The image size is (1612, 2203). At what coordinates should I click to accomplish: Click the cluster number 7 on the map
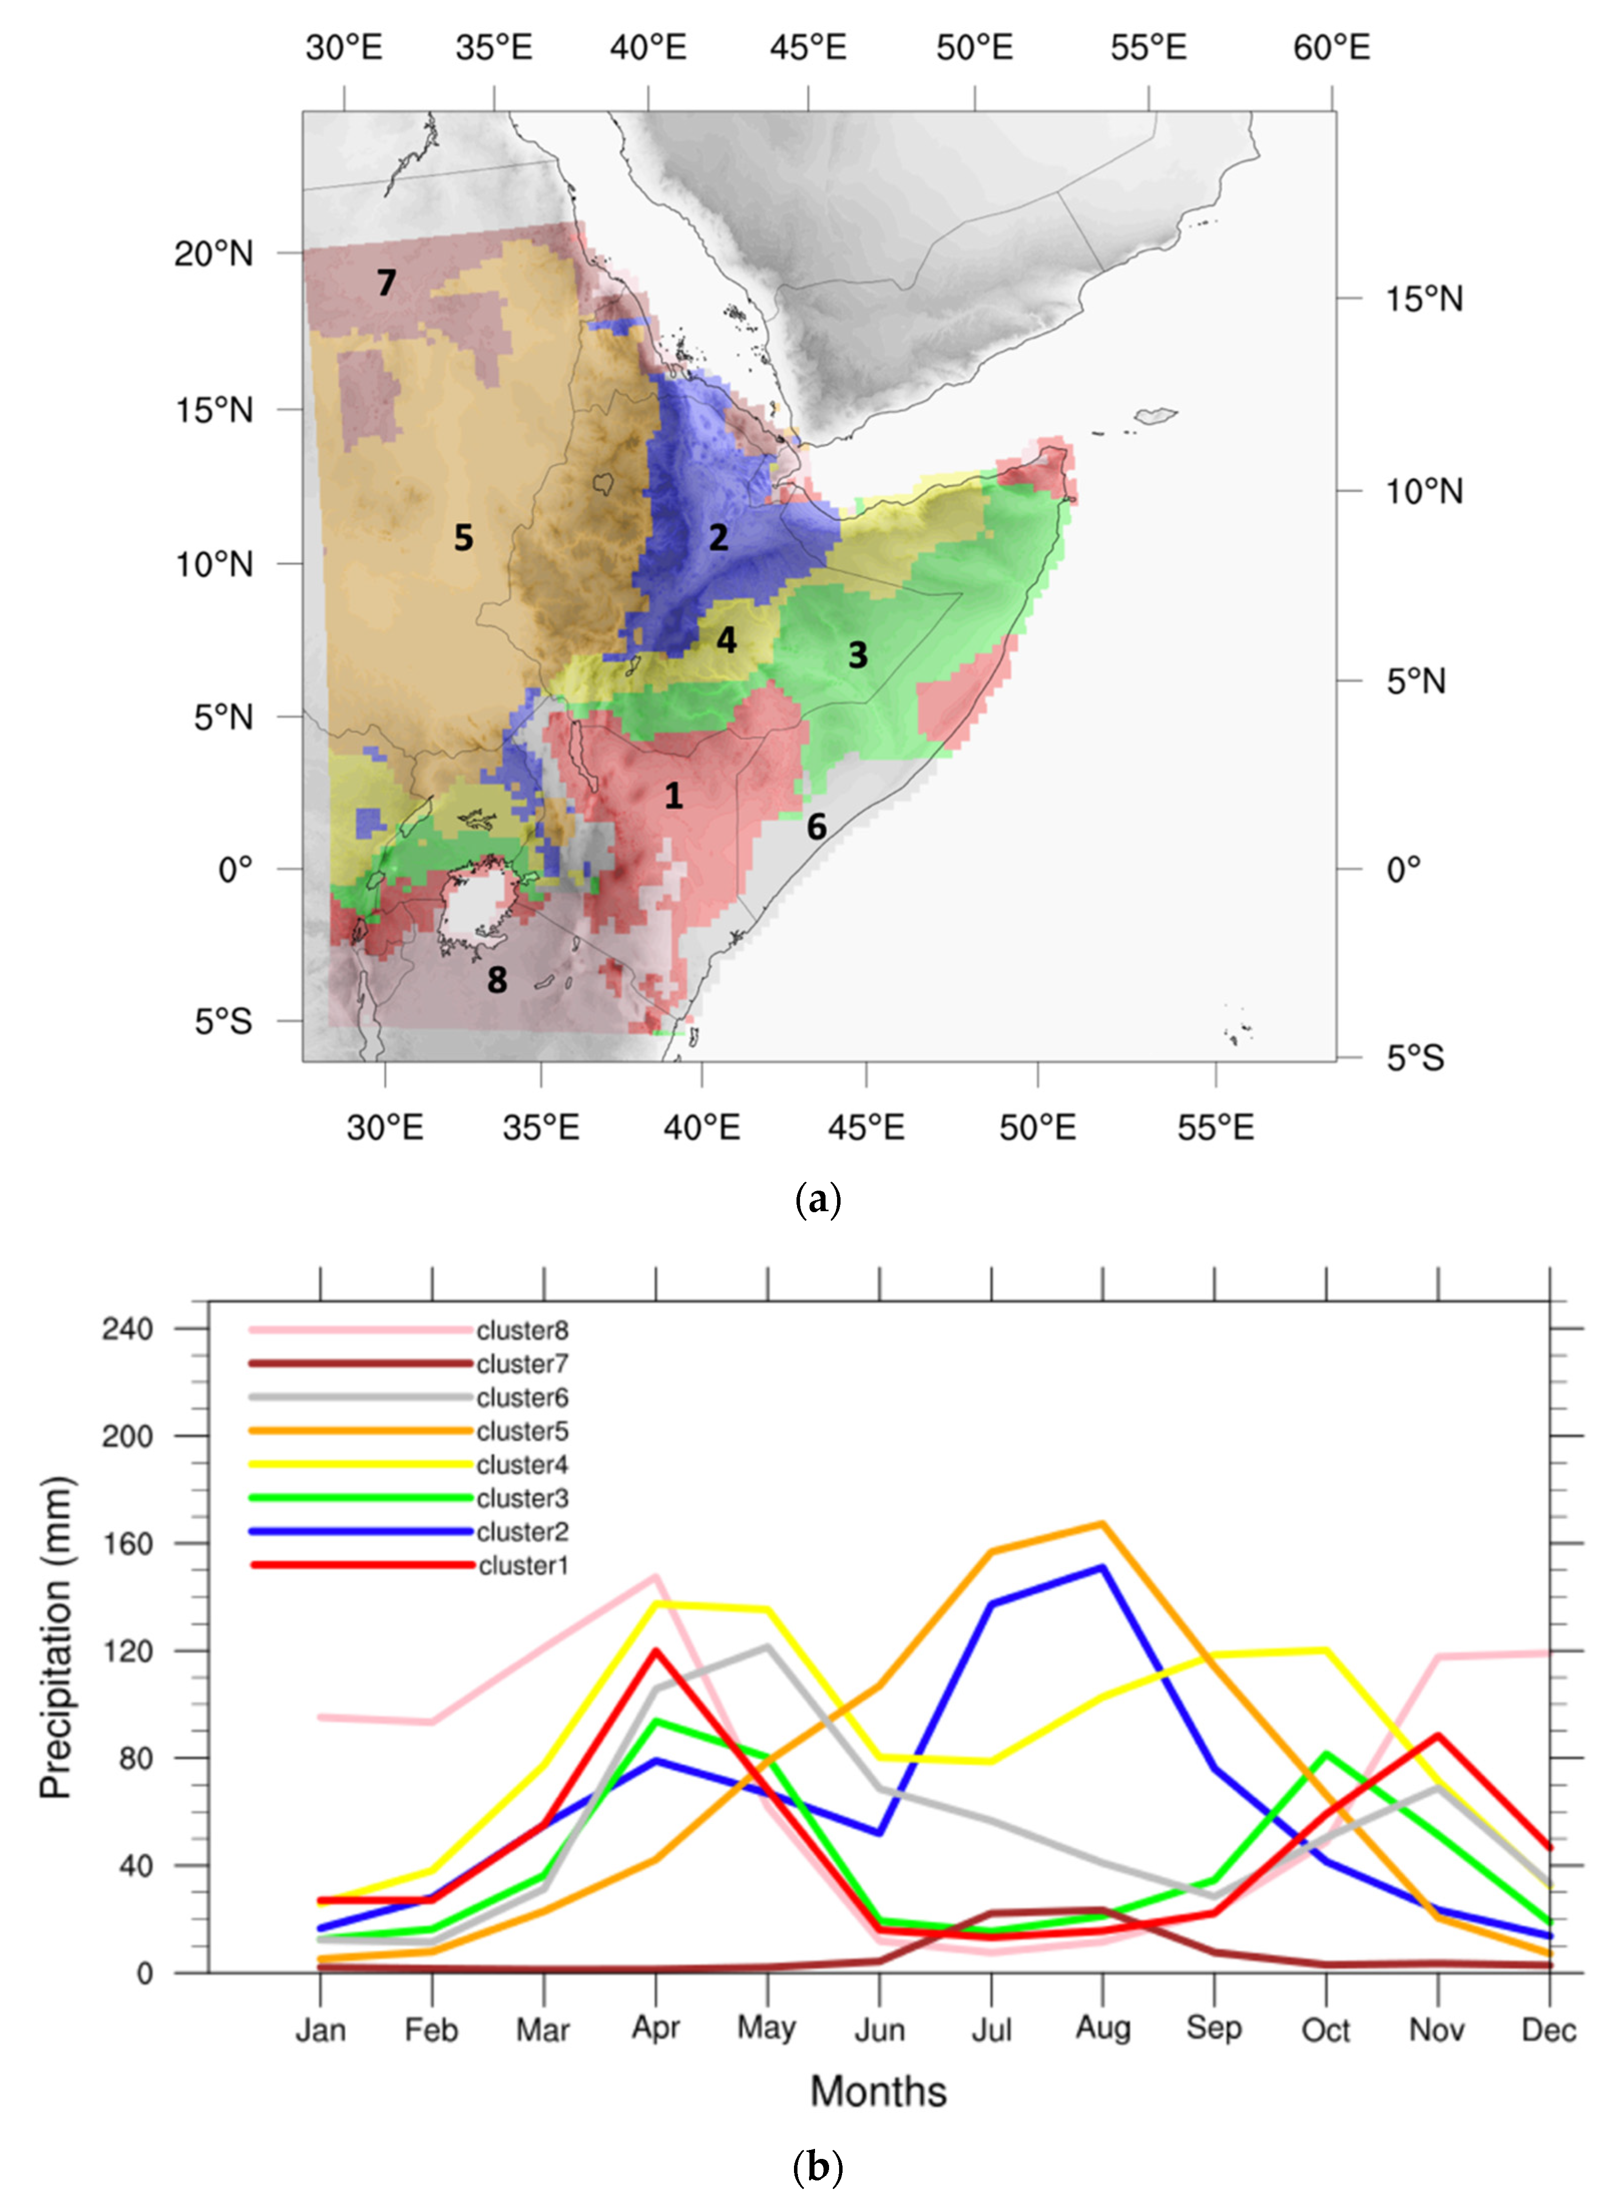click(x=386, y=283)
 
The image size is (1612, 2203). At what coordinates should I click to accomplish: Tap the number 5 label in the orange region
click(x=463, y=537)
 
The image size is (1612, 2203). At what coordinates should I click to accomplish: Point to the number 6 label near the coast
click(x=817, y=828)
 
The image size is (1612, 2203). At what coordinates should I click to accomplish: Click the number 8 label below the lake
click(x=497, y=980)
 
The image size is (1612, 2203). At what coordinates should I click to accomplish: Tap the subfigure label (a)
click(x=818, y=1199)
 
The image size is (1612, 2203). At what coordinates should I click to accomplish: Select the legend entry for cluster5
click(x=522, y=1431)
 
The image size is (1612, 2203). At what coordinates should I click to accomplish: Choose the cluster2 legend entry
click(x=522, y=1532)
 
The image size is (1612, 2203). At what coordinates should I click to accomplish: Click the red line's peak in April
click(x=656, y=1651)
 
